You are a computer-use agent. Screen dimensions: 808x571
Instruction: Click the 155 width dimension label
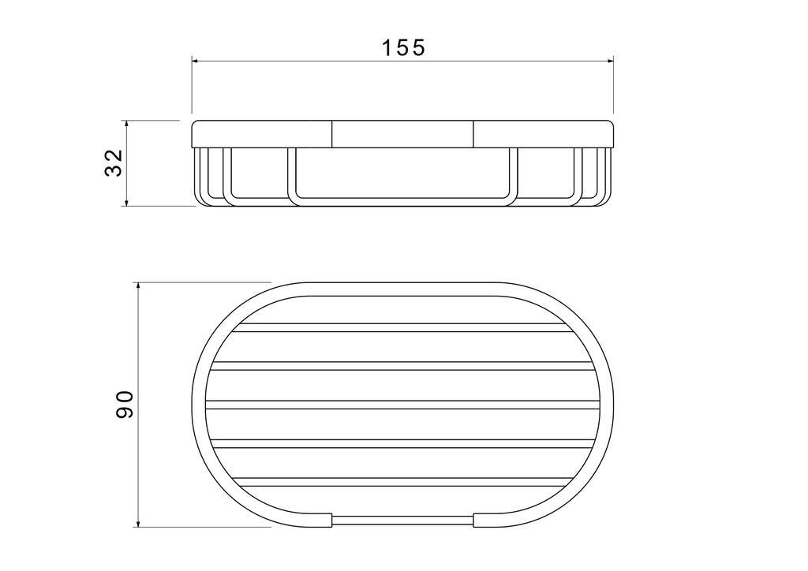403,47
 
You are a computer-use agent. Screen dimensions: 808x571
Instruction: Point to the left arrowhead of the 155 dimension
196,62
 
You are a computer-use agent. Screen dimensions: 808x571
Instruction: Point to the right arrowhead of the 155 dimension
610,62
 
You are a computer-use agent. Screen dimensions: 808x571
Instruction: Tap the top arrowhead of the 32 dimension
126,125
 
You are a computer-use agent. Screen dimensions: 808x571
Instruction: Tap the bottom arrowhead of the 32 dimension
126,203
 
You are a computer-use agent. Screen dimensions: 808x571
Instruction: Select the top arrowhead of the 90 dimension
137,286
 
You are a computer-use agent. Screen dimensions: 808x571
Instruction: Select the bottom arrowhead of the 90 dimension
137,523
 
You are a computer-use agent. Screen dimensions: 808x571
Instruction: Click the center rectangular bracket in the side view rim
402,134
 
